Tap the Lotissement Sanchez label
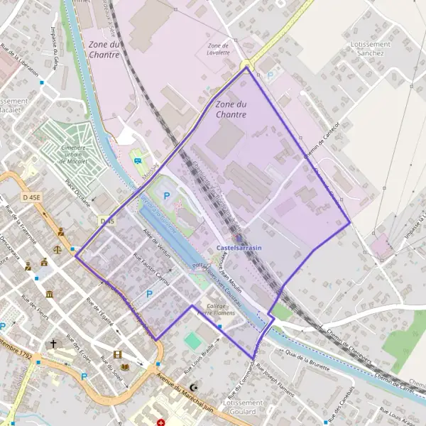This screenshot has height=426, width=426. pyautogui.click(x=367, y=48)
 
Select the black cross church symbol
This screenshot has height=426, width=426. pyautogui.click(x=53, y=344)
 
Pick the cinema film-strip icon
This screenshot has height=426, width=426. pyautogui.click(x=116, y=354)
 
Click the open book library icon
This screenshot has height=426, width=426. pyautogui.click(x=126, y=366)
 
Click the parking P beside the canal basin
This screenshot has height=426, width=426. pyautogui.click(x=167, y=195)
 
